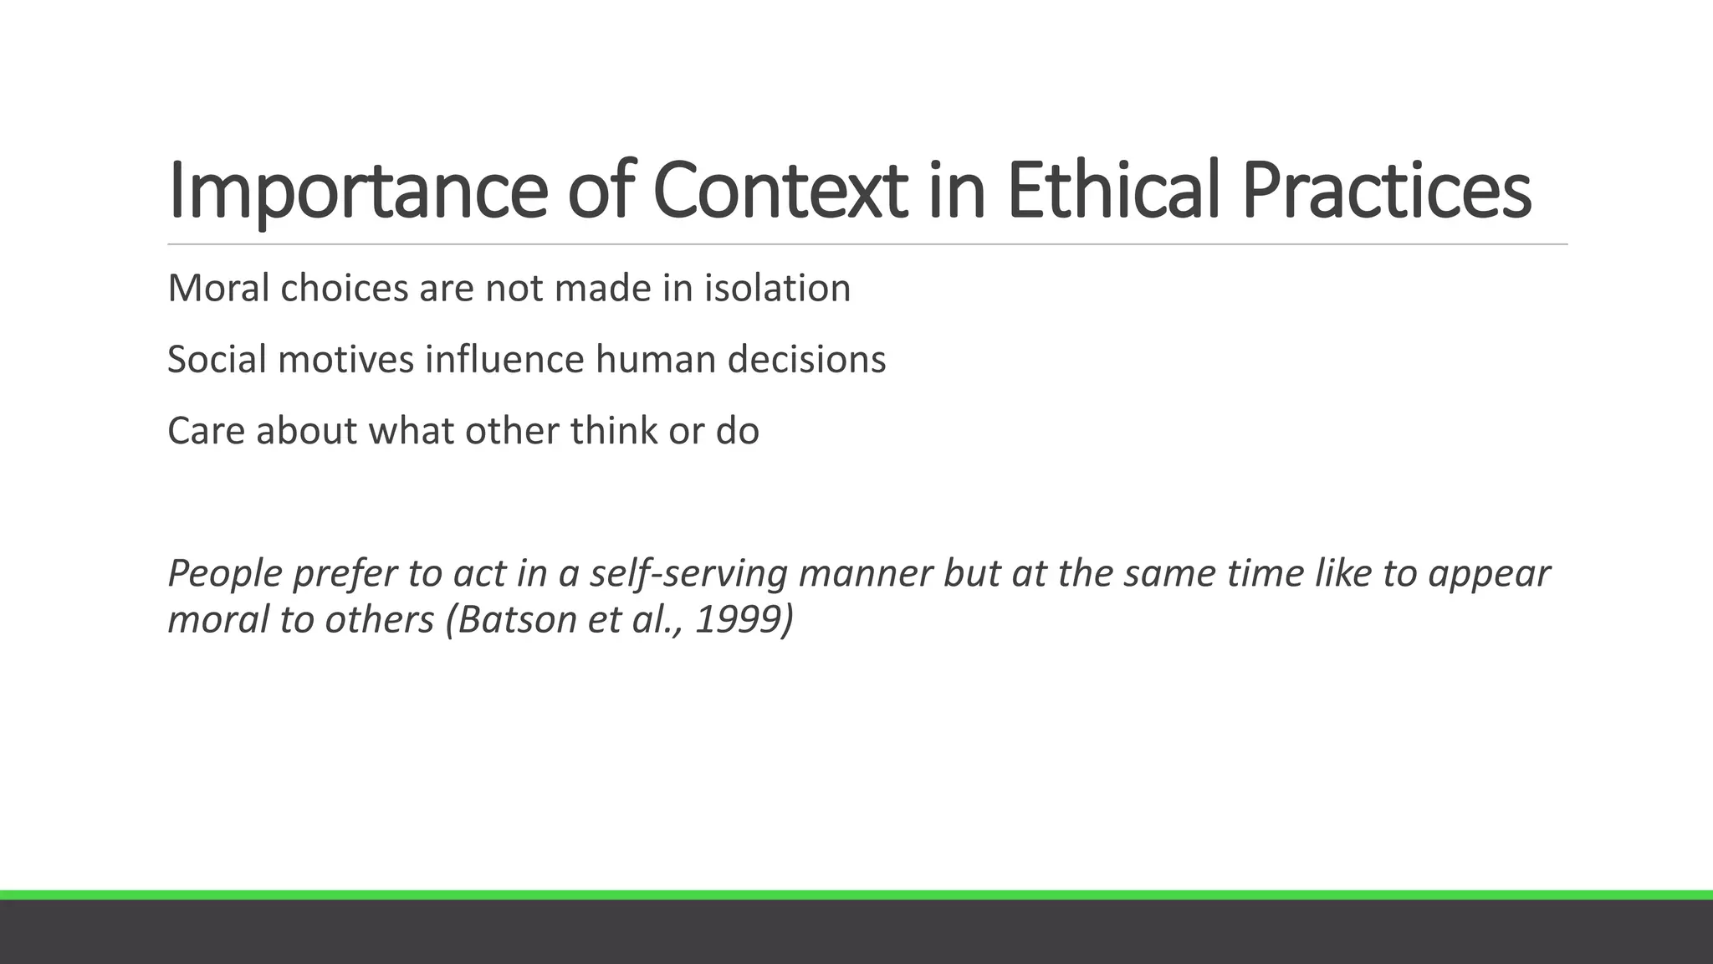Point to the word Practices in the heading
tap(1387, 191)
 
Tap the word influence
tap(504, 360)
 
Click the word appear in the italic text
tap(1489, 574)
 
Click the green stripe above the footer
tap(856, 895)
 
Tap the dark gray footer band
tap(856, 932)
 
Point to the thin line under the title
tap(867, 244)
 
